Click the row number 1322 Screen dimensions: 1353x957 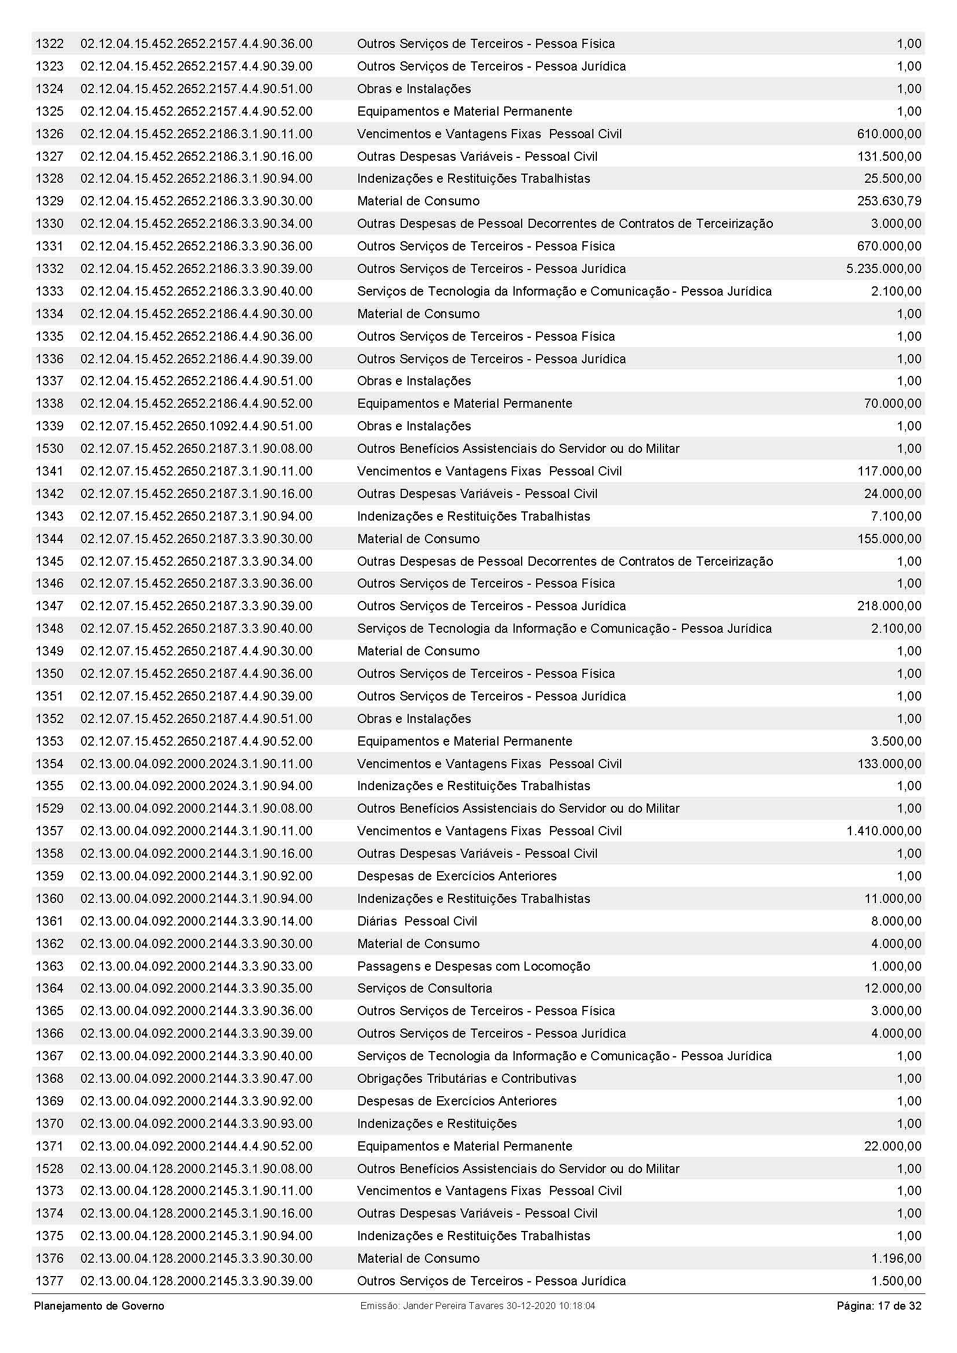tap(49, 43)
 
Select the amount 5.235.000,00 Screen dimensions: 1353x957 tap(883, 269)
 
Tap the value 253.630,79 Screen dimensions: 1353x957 tap(889, 201)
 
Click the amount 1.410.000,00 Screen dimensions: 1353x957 tap(883, 831)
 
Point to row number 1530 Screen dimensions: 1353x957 tap(49, 448)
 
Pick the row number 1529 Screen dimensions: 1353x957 tap(49, 809)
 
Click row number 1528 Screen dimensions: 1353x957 tap(49, 1168)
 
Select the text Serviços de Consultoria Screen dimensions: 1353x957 tap(424, 988)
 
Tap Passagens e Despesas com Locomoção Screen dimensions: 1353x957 tap(473, 966)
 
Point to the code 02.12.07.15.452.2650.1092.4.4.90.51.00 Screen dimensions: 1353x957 tap(196, 426)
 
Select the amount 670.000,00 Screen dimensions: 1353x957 tap(889, 246)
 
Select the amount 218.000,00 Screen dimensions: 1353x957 tap(889, 606)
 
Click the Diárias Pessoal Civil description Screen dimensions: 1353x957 tap(417, 921)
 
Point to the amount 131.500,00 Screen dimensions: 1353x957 tap(889, 156)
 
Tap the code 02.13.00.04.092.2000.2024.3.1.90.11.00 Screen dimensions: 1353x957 tap(196, 764)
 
